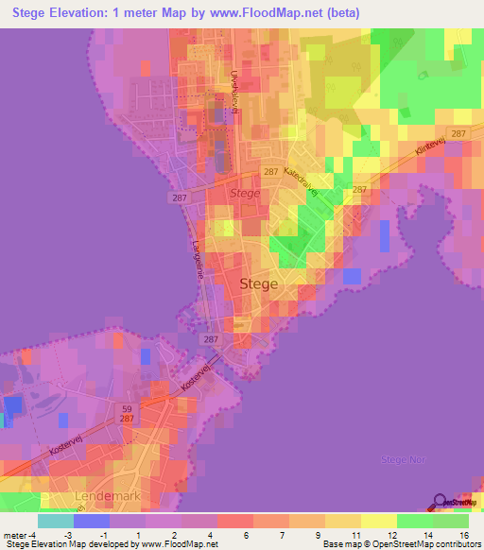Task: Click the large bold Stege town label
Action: [260, 283]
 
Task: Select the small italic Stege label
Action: [244, 194]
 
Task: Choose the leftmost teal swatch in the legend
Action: [56, 520]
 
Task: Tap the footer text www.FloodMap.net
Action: [178, 544]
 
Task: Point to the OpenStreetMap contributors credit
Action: [424, 544]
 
